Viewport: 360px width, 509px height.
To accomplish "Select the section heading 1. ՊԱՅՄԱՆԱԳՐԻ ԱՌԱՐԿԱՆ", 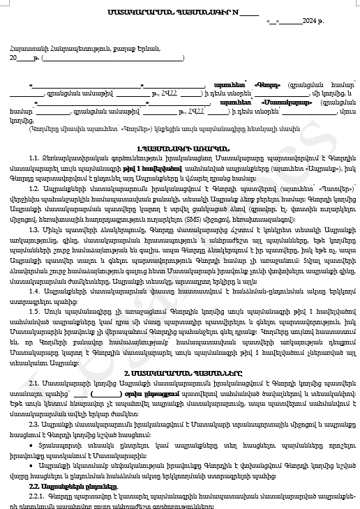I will point(179,149).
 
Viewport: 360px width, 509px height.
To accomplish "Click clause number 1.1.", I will point(34,160).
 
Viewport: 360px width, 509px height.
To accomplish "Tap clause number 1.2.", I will point(34,189).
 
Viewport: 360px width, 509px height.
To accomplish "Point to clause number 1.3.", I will point(34,228).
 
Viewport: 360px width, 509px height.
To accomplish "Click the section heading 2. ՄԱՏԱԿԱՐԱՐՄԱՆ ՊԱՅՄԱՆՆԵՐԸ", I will point(179,374).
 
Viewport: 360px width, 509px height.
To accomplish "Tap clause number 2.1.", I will point(34,384).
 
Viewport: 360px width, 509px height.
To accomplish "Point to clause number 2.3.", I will point(34,424).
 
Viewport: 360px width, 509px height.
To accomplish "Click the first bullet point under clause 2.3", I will point(32,443).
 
